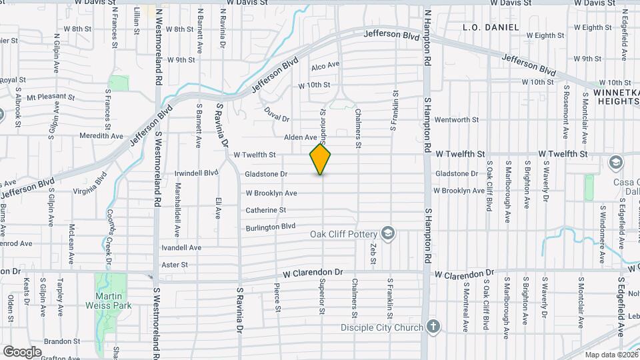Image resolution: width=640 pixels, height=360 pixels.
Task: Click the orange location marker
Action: (321, 159)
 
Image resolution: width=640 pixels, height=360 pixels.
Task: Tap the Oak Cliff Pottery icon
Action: (387, 233)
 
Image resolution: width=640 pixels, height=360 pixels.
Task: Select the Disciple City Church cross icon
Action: (433, 327)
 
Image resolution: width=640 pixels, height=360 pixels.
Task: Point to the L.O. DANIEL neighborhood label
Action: (490, 28)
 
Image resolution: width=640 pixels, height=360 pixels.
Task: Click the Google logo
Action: (22, 351)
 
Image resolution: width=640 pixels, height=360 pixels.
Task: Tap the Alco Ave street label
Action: (325, 65)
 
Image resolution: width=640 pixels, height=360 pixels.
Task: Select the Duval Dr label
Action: (277, 114)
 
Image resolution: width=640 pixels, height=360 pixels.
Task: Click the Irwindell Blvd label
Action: (196, 172)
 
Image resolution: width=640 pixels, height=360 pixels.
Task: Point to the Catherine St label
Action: (265, 210)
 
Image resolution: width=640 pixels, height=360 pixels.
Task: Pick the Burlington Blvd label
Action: (270, 227)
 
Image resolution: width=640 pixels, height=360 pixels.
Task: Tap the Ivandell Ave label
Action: (181, 247)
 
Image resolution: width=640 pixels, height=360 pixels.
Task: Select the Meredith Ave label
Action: (101, 136)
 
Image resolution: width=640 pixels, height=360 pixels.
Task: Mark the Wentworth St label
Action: (457, 120)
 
